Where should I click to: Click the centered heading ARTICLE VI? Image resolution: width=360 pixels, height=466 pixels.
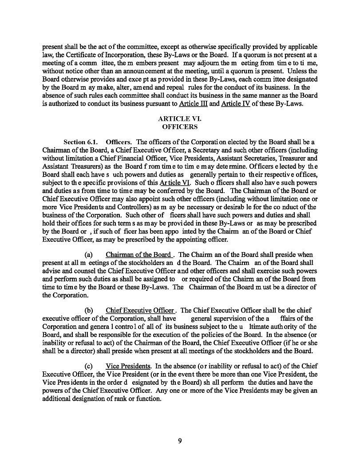tap(180, 119)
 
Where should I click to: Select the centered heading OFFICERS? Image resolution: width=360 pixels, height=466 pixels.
tap(180, 127)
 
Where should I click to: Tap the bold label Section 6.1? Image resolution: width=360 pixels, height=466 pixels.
tap(80, 142)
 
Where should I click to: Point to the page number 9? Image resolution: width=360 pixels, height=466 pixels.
tap(180, 441)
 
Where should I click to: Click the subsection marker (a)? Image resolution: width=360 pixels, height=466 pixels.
tap(88, 255)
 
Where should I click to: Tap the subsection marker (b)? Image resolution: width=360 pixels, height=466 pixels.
tap(88, 310)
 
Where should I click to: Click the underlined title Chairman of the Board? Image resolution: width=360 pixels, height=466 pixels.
tap(138, 255)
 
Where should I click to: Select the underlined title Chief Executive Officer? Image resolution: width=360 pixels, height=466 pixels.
tap(140, 310)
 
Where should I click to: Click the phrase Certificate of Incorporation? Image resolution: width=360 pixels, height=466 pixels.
tap(100, 55)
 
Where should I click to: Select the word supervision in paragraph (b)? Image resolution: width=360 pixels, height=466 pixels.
tap(229, 318)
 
